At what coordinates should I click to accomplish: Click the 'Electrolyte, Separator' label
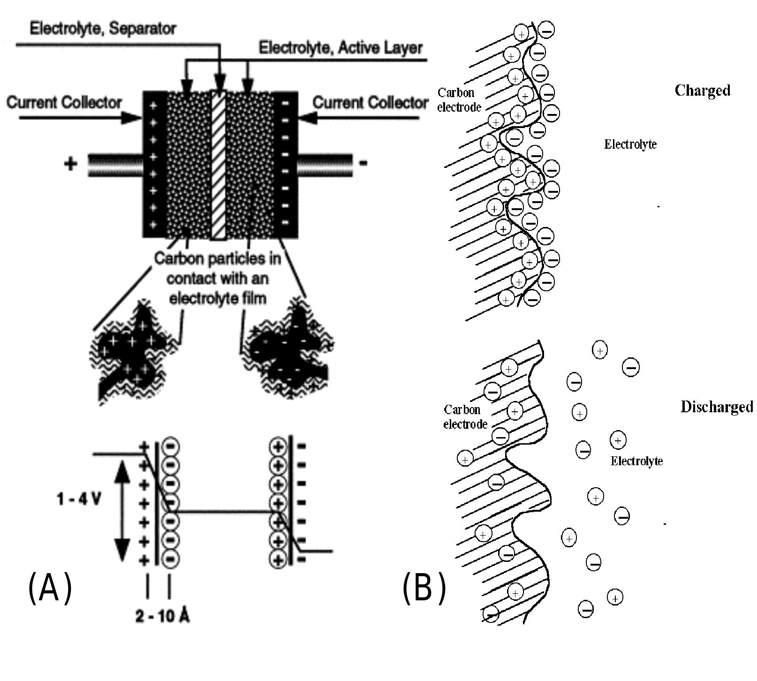click(x=103, y=29)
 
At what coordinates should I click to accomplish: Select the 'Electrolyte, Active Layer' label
click(x=341, y=48)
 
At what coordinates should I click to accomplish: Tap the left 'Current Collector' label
click(x=64, y=103)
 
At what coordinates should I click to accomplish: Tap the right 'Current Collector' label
click(x=370, y=103)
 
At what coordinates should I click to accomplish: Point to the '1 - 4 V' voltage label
click(x=78, y=499)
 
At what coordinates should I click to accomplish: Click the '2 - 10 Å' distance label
click(x=162, y=616)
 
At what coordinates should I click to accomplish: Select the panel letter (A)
click(x=50, y=588)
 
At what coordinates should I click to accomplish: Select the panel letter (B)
click(x=424, y=588)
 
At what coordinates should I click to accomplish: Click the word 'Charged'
click(x=702, y=91)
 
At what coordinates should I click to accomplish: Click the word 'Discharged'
click(x=716, y=407)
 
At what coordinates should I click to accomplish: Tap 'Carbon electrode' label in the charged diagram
click(x=459, y=100)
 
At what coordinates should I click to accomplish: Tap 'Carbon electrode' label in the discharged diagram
click(x=465, y=417)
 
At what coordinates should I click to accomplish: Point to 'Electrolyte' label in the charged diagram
click(x=630, y=144)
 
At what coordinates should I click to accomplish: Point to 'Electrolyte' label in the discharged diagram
click(x=636, y=462)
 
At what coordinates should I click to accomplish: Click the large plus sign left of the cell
click(x=70, y=164)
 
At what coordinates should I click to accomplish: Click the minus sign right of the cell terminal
click(x=363, y=164)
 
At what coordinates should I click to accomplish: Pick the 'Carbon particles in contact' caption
click(x=218, y=278)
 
